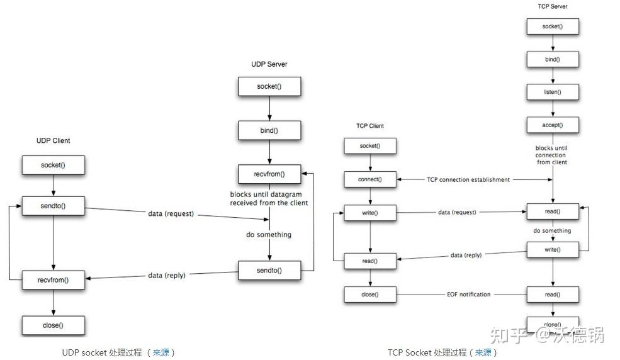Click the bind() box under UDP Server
[269, 130]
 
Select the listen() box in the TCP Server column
[552, 93]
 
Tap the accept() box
[552, 125]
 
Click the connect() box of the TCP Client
[370, 179]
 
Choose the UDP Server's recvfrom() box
[269, 174]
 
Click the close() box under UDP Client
[53, 325]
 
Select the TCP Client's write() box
[370, 213]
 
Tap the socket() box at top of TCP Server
[552, 27]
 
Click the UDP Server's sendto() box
[269, 271]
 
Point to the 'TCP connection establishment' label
[468, 180]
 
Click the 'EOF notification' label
[468, 295]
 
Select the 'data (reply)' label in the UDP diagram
[167, 275]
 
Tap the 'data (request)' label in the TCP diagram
[457, 213]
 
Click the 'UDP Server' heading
[269, 64]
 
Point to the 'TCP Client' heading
[369, 126]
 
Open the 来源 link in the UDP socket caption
[161, 352]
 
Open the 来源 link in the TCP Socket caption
[483, 352]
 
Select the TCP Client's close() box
[370, 295]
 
